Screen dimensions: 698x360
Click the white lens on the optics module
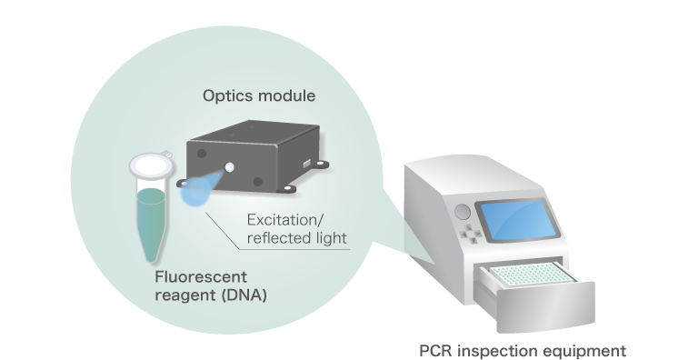230,167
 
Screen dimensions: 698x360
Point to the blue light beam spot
195,192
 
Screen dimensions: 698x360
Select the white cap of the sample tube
152,165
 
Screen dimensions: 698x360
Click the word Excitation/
285,220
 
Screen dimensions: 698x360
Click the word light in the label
330,238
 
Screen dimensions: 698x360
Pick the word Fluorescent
201,277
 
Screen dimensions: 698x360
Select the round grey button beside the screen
463,212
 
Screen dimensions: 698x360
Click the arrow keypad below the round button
471,233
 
